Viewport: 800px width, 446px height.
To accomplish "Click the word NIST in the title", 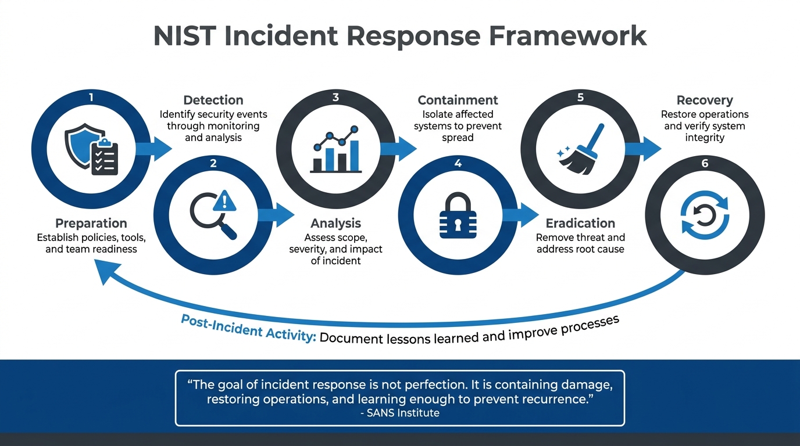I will pos(185,35).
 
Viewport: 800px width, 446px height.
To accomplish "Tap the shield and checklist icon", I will pos(91,149).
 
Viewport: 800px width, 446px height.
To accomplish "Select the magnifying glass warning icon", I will pos(213,215).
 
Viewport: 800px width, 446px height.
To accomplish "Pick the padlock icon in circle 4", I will pos(458,215).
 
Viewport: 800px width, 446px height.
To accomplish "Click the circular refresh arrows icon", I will pos(705,216).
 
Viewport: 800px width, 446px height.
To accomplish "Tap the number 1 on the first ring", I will pos(91,97).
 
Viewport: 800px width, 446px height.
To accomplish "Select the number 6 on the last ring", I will pos(705,163).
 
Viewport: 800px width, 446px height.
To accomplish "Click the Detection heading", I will pos(213,100).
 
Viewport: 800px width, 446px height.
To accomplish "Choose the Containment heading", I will pos(458,100).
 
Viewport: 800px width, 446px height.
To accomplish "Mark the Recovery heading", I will pos(705,100).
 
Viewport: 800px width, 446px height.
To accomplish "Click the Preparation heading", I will pos(91,224).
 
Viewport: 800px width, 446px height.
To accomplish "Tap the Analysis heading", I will pos(335,224).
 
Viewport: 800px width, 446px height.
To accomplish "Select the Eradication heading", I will pos(580,224).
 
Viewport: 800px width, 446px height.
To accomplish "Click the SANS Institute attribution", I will pos(400,413).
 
